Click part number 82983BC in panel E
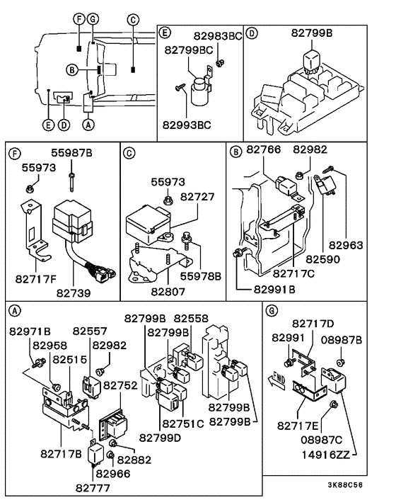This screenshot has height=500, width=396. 218,36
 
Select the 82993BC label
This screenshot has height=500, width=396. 187,125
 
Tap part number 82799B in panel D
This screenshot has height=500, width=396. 312,33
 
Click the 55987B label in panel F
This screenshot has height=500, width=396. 71,153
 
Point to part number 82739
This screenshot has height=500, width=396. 74,292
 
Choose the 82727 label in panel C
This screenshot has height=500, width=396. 197,197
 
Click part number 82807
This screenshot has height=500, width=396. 168,292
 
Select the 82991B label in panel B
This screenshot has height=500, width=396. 274,289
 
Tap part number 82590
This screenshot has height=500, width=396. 322,259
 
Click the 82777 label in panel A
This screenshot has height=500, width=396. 93,488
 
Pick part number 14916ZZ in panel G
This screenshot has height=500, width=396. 326,455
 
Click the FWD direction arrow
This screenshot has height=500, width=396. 276,380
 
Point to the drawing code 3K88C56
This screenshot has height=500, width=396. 345,485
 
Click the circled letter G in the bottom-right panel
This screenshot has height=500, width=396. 272,311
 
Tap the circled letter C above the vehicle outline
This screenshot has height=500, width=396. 133,20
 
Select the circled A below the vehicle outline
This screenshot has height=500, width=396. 88,125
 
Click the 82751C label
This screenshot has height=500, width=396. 183,424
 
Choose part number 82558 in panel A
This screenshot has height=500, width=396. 191,318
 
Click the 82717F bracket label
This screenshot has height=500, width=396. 36,279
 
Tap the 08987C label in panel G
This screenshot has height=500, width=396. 322,440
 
